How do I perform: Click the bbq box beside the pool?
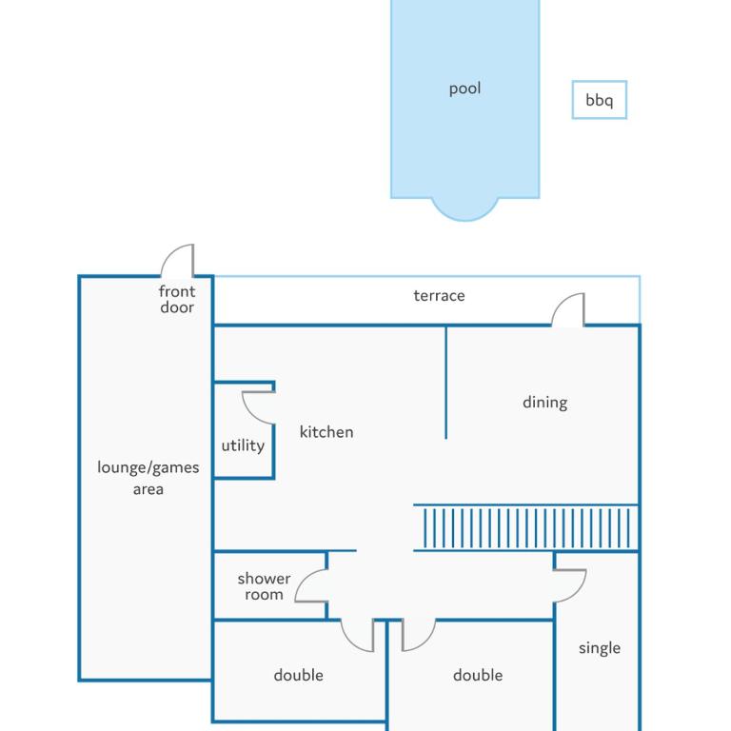(x=599, y=81)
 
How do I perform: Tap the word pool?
(x=464, y=89)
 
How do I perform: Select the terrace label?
(x=439, y=296)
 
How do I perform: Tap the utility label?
(x=243, y=445)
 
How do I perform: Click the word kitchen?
(x=326, y=432)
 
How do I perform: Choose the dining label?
(x=545, y=403)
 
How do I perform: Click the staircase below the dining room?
(x=525, y=527)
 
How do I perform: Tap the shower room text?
(x=264, y=586)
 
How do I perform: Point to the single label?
(x=600, y=648)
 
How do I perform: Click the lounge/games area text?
(x=148, y=478)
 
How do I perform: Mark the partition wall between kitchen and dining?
(x=445, y=383)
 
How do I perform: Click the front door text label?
(x=177, y=299)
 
